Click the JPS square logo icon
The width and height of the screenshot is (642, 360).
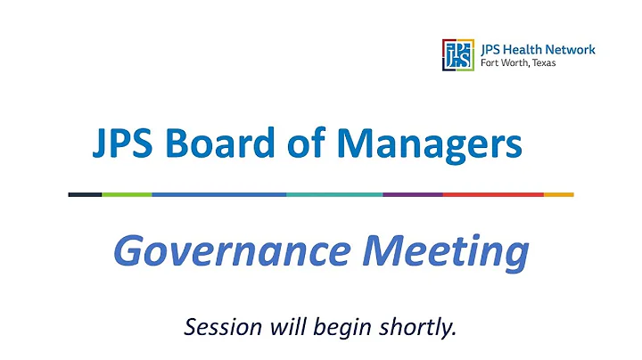(457, 54)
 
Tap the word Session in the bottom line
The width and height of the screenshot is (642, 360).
(217, 326)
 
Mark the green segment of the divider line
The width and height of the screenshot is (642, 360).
(127, 194)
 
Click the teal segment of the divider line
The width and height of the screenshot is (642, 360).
(334, 194)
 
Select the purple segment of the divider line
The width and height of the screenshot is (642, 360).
(412, 194)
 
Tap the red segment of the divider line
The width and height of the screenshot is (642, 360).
(492, 194)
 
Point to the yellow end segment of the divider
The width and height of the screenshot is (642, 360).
(558, 194)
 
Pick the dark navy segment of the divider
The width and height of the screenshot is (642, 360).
(85, 194)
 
